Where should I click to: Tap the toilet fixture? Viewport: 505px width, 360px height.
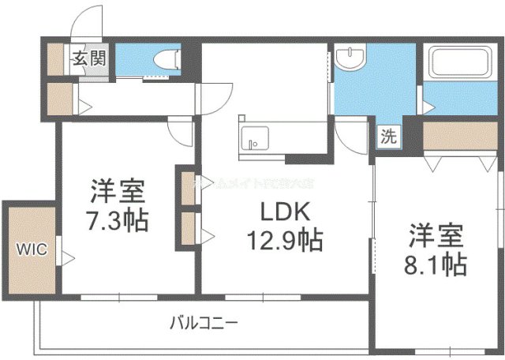166,58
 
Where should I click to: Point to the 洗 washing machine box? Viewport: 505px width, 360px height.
387,135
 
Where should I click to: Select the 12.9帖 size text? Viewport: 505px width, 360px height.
282,238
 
